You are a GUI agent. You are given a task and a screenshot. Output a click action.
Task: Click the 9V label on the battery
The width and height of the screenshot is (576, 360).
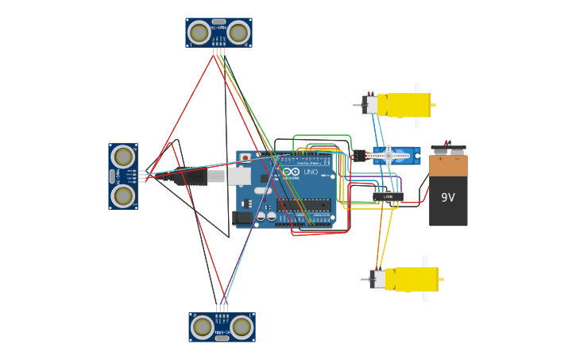448,197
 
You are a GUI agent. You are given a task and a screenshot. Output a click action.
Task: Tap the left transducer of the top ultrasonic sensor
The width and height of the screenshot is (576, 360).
199,33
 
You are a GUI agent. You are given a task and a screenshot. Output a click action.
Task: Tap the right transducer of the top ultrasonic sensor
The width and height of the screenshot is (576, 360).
238,33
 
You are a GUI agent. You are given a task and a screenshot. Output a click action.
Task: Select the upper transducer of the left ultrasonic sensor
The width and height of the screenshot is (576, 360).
123,157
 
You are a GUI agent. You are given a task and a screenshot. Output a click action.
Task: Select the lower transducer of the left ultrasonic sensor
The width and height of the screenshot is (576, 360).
123,195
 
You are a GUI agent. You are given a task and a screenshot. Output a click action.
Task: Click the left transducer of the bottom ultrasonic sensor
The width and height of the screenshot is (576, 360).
203,327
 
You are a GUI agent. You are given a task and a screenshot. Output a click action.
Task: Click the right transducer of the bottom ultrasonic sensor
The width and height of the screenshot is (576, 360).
242,327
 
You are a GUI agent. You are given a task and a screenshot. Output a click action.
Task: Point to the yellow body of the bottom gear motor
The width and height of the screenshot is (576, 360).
416,279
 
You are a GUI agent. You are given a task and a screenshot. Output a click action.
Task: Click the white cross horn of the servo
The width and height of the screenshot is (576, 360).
388,156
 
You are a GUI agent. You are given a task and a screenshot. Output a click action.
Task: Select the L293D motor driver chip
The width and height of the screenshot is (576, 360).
388,196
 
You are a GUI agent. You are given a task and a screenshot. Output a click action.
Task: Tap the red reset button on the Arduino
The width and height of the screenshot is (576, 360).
245,158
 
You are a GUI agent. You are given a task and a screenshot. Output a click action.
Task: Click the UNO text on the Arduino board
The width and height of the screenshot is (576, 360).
311,172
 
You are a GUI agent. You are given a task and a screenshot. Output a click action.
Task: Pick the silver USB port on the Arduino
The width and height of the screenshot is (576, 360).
239,176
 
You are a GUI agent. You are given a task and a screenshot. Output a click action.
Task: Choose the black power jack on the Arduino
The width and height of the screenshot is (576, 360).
242,217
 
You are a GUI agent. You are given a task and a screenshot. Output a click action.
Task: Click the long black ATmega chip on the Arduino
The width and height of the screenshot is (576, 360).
304,205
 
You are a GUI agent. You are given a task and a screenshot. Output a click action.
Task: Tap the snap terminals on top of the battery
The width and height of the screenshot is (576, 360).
448,149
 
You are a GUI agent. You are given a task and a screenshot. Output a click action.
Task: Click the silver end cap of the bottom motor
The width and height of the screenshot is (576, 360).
378,279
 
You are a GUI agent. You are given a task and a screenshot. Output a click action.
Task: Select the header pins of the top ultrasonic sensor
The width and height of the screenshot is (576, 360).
218,52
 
